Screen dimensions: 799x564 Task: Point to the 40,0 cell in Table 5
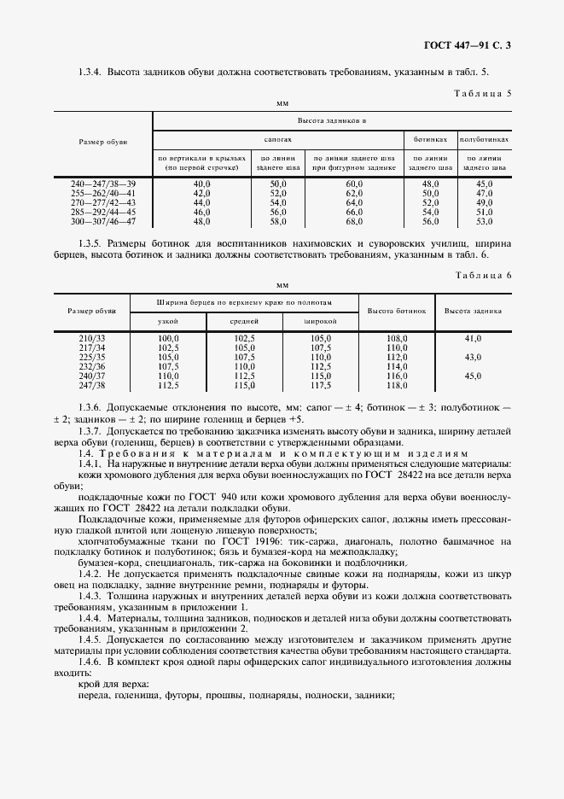click(202, 184)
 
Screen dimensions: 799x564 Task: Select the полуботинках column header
click(484, 138)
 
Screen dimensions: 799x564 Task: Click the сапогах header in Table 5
click(278, 138)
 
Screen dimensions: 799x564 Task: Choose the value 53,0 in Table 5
click(485, 222)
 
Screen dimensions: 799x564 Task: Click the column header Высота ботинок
click(397, 311)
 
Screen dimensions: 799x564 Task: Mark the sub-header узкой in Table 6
click(168, 322)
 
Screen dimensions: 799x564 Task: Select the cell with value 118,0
click(398, 385)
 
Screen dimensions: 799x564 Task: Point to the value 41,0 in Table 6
click(474, 339)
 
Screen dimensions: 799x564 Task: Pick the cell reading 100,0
click(168, 339)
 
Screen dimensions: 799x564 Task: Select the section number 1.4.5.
click(90, 638)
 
